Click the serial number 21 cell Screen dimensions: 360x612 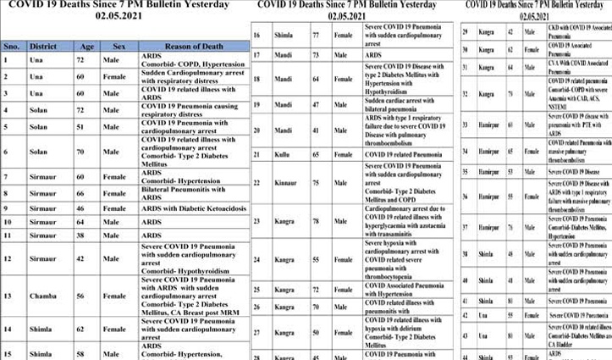pos(256,155)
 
